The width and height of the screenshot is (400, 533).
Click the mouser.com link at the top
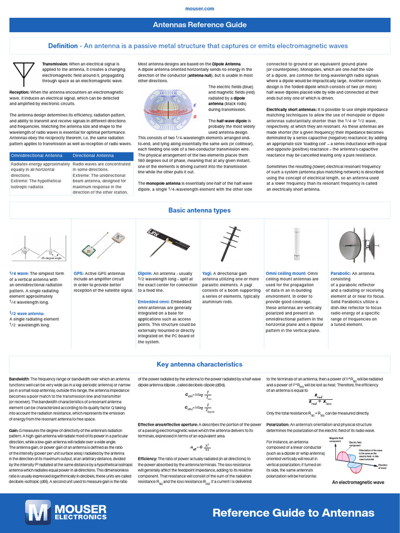tap(200, 9)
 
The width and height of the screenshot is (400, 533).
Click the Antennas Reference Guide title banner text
tap(200, 25)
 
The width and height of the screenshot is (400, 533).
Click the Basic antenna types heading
tap(200, 210)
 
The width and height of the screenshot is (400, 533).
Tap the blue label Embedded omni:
tap(157, 302)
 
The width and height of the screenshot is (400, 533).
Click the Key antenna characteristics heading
tap(200, 364)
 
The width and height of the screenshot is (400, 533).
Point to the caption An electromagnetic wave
tap(358, 483)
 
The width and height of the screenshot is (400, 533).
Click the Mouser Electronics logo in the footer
tap(66, 512)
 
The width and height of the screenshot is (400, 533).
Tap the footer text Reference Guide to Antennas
tap(293, 512)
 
